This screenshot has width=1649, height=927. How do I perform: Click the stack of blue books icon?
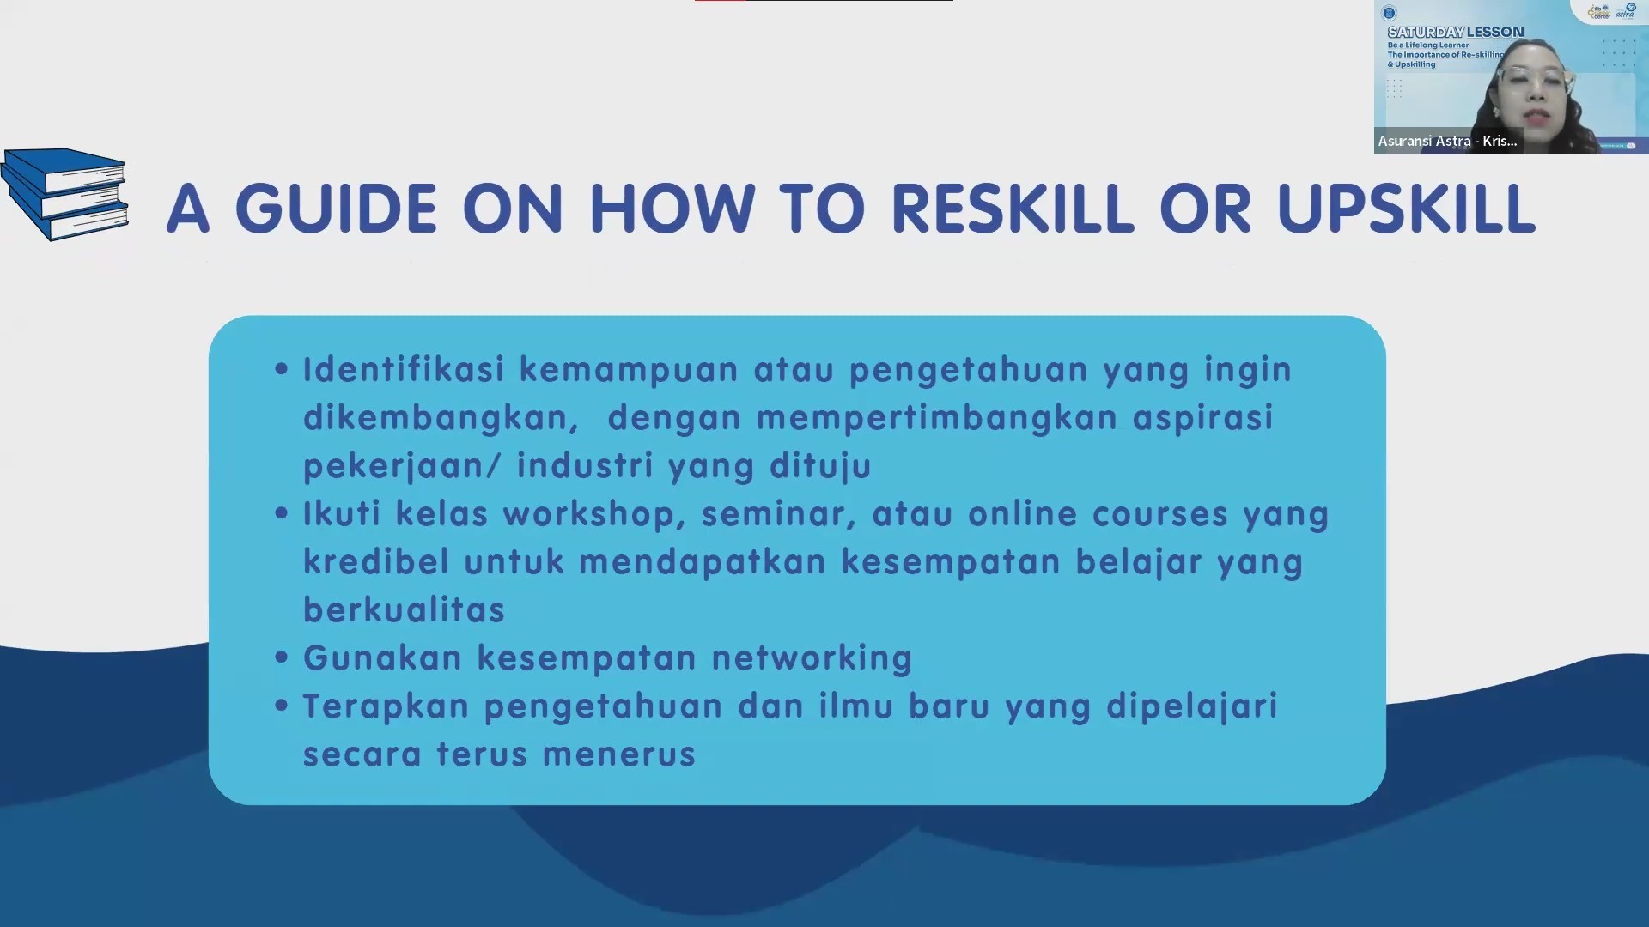click(x=65, y=195)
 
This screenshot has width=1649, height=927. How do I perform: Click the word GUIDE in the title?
click(x=336, y=209)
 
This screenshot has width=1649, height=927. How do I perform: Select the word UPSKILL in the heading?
click(x=1406, y=209)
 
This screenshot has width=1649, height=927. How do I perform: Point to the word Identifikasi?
click(x=404, y=369)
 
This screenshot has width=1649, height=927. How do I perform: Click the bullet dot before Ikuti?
click(x=281, y=513)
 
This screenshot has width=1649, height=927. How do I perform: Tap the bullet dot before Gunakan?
click(x=281, y=657)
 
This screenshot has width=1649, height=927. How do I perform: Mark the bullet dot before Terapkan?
click(x=281, y=706)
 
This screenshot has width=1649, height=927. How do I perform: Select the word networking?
click(x=812, y=659)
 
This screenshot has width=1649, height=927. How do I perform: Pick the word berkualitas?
click(x=405, y=609)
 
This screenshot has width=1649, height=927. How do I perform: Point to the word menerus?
click(x=619, y=755)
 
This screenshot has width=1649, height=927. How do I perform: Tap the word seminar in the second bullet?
click(x=779, y=514)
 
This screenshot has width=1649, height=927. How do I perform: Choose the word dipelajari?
click(x=1192, y=707)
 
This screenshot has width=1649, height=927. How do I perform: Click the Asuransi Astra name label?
click(x=1448, y=141)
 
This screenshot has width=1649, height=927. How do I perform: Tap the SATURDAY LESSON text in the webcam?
click(x=1456, y=32)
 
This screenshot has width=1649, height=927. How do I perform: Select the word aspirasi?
click(x=1203, y=419)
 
